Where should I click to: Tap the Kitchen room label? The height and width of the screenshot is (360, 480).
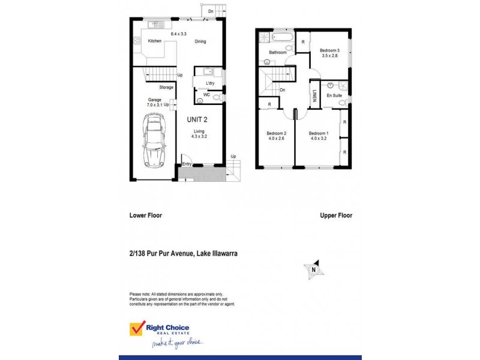tap(155, 41)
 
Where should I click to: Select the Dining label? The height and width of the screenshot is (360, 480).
tap(200, 41)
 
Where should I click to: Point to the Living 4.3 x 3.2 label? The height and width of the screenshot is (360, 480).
tap(199, 134)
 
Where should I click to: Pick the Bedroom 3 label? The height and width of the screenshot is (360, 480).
tap(329, 53)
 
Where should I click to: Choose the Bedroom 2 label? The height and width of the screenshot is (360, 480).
tap(277, 136)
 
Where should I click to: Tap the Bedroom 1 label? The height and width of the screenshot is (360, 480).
tap(319, 136)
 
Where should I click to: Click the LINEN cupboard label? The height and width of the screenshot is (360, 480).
tap(314, 96)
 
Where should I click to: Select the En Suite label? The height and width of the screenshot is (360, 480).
tap(334, 95)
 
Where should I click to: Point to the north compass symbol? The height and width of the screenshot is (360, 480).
tap(314, 270)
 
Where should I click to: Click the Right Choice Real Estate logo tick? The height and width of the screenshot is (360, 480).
tap(137, 328)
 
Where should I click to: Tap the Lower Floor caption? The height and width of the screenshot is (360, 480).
tap(146, 215)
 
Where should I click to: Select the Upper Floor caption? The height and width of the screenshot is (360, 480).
tap(335, 215)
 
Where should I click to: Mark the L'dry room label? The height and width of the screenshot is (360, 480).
tap(210, 83)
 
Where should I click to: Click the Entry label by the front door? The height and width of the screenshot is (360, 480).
tap(187, 164)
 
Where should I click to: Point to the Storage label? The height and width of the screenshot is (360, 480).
tap(166, 88)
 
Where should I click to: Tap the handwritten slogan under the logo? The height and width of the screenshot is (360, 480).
tap(178, 343)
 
